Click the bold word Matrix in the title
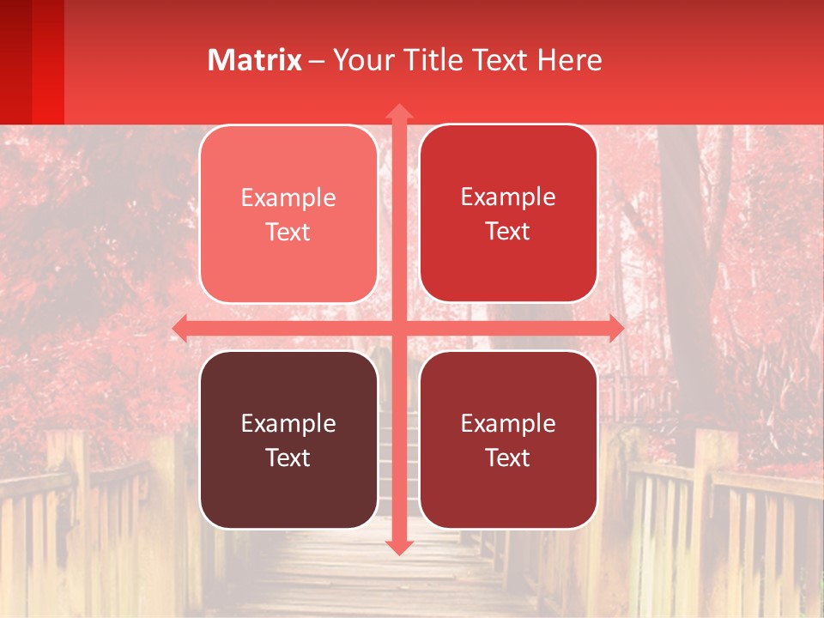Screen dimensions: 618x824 pyautogui.click(x=254, y=60)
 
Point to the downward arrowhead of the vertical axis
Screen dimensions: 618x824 pyautogui.click(x=398, y=548)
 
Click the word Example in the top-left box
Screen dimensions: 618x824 pyautogui.click(x=288, y=198)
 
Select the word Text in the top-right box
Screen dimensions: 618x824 pyautogui.click(x=508, y=232)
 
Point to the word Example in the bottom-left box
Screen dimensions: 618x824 pyautogui.click(x=288, y=424)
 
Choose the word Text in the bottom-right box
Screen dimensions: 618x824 pyautogui.click(x=508, y=458)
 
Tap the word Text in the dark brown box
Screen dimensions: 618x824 pyautogui.click(x=288, y=458)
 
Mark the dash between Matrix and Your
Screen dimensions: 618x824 pyautogui.click(x=317, y=61)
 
